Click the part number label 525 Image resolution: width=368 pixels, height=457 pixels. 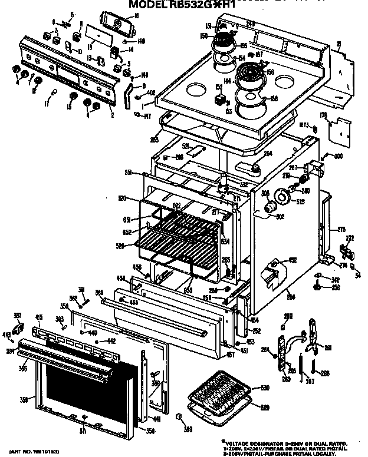coord(300,202)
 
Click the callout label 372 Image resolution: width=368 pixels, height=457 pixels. coord(349,238)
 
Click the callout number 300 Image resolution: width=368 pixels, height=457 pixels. coord(338,157)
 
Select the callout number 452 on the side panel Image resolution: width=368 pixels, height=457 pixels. coord(292,260)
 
